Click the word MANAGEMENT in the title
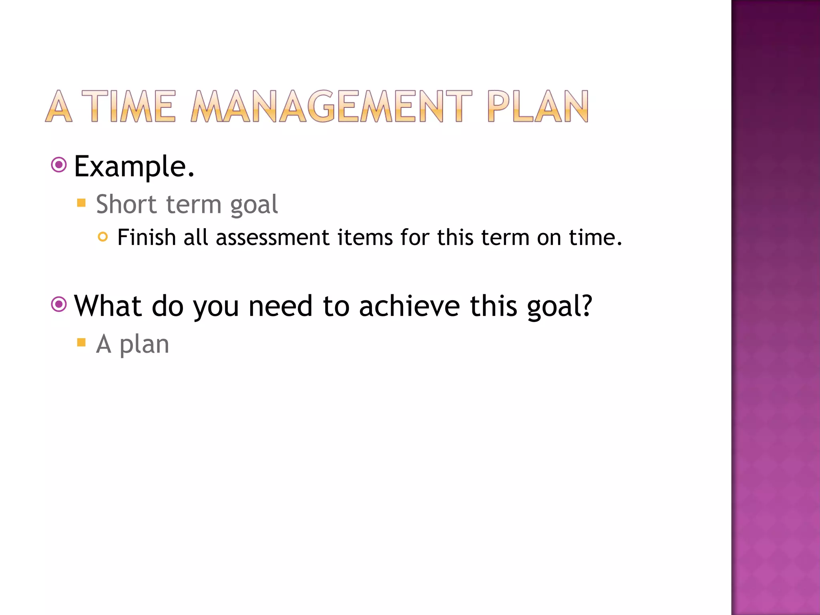pyautogui.click(x=331, y=107)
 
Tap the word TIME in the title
pyautogui.click(x=129, y=107)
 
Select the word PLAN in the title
pyautogui.click(x=538, y=107)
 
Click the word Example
pyautogui.click(x=134, y=167)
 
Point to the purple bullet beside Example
pyautogui.click(x=59, y=165)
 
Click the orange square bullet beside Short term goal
pyautogui.click(x=81, y=203)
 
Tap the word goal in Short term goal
pyautogui.click(x=254, y=205)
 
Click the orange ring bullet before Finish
pyautogui.click(x=103, y=237)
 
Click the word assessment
pyautogui.click(x=272, y=238)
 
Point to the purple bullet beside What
pyautogui.click(x=59, y=305)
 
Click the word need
pyautogui.click(x=280, y=306)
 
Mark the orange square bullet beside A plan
pyautogui.click(x=81, y=342)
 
